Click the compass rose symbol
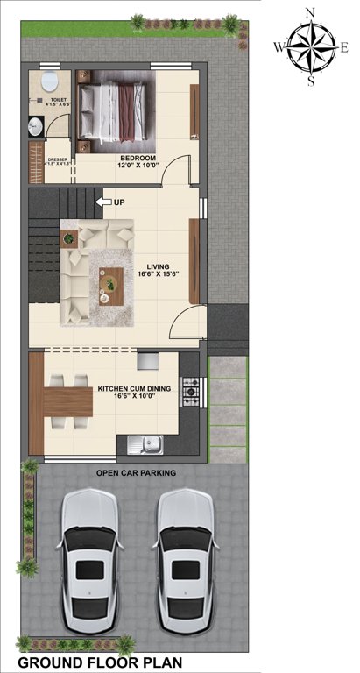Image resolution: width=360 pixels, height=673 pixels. [311, 46]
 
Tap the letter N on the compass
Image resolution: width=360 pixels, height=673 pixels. [310, 11]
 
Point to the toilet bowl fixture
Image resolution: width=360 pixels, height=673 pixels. [50, 84]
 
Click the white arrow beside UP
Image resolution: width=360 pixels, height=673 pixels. [102, 203]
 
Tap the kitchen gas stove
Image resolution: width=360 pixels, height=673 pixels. [190, 390]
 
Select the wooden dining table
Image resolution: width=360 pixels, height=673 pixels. [67, 401]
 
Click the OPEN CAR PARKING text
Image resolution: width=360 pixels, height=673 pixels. [136, 472]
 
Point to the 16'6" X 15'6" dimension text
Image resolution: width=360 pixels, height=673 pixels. [159, 275]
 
